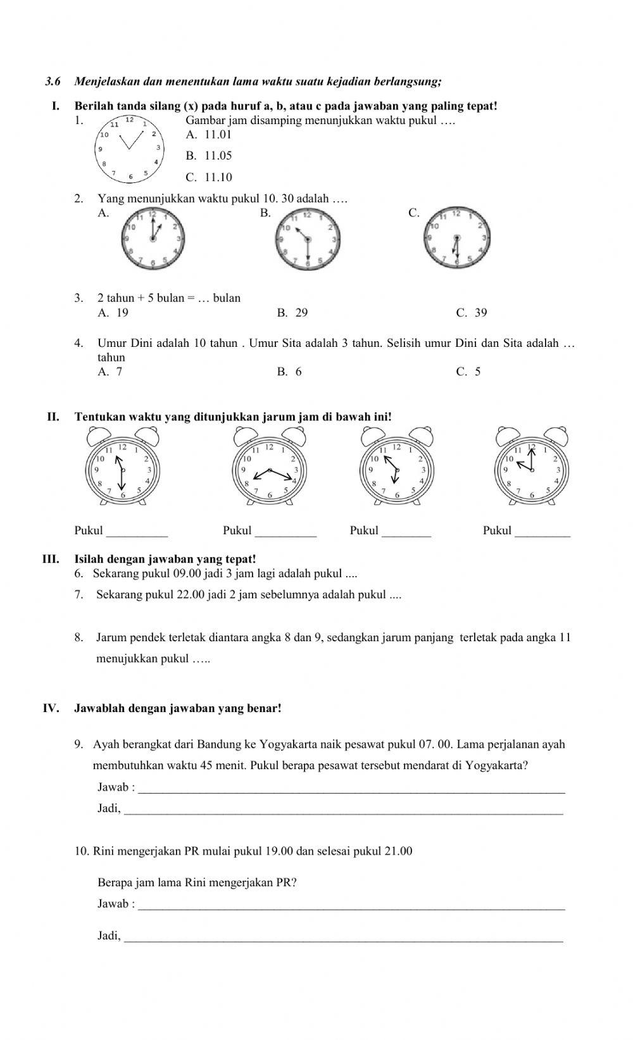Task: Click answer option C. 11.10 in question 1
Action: [209, 177]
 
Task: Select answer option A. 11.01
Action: [209, 134]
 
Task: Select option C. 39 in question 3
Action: [471, 313]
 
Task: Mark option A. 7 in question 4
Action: [110, 372]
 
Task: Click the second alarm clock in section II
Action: [270, 467]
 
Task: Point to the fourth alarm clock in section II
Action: [532, 467]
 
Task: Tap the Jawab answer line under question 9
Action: [351, 788]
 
